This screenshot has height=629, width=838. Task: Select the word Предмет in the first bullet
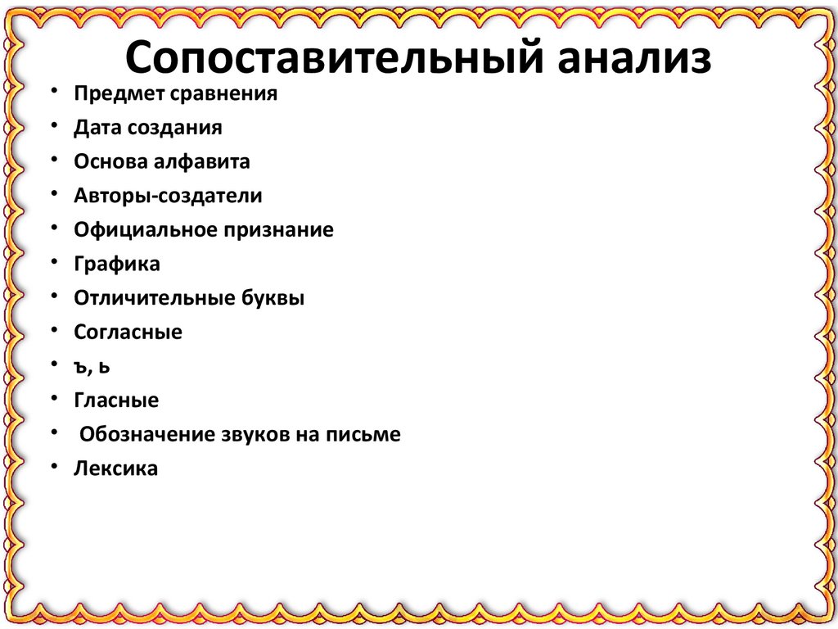click(119, 93)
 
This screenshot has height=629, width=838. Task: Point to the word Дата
click(96, 128)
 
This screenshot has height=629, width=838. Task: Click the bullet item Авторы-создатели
click(168, 196)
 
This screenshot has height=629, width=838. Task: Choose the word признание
click(278, 230)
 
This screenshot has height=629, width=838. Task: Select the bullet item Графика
click(116, 264)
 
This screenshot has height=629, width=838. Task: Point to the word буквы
click(273, 298)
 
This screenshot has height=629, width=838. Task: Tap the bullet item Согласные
click(128, 333)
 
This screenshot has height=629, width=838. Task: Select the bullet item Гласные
click(116, 400)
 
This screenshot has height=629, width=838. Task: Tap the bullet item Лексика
click(115, 469)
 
